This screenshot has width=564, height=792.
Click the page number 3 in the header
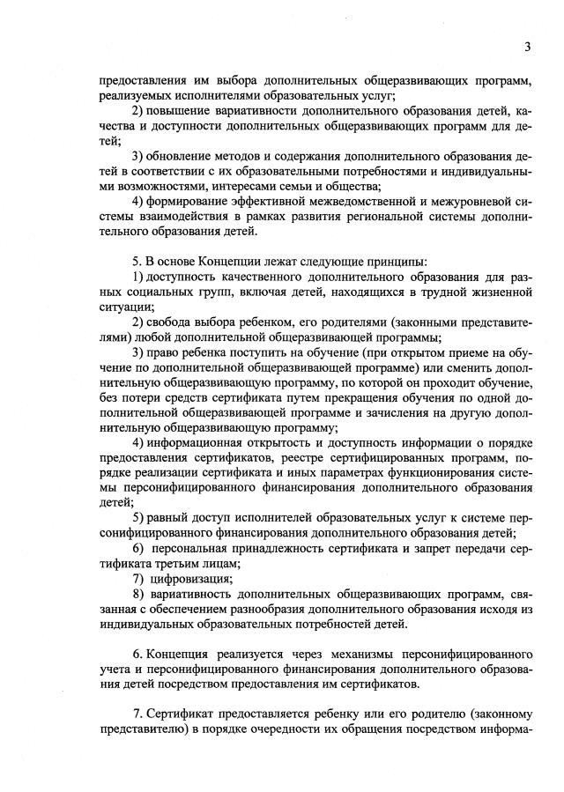click(526, 47)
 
